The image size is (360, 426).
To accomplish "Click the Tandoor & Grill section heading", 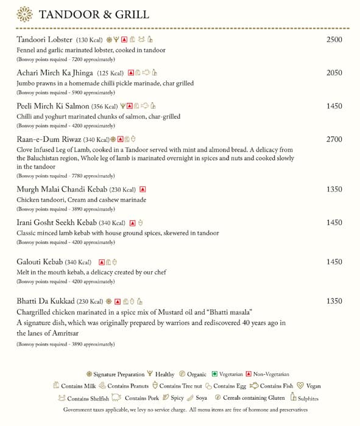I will coord(94,15).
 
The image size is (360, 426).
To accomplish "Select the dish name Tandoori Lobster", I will coord(44,40).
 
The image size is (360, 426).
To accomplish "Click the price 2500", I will coord(334,40).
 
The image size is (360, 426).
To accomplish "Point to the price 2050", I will coord(334,73).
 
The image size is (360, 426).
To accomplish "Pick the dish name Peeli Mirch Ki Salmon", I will coord(53,106).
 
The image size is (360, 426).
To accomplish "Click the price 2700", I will coord(334,139).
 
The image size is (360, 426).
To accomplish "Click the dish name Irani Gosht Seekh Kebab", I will coord(61,223).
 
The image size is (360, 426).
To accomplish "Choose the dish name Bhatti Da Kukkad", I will coord(46,301).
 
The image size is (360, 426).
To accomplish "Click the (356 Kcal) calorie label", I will coord(105,106).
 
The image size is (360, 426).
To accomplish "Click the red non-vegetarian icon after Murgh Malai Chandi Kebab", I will coord(143,189).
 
